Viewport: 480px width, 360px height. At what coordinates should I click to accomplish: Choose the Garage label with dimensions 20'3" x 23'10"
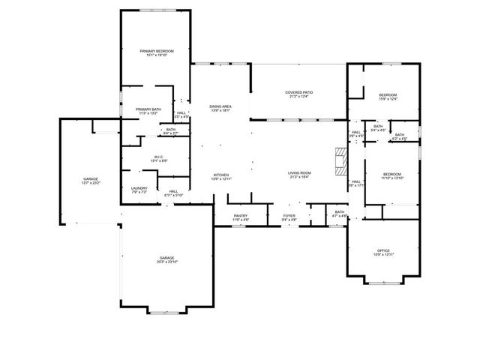pyautogui.click(x=167, y=259)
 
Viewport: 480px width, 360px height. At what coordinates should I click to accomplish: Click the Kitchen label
pyautogui.click(x=220, y=175)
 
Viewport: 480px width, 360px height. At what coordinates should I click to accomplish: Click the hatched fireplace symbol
pyautogui.click(x=341, y=160)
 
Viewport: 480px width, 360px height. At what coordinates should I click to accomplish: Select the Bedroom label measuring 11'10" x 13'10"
pyautogui.click(x=391, y=175)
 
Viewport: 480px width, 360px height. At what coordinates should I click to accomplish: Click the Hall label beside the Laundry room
pyautogui.click(x=173, y=193)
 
